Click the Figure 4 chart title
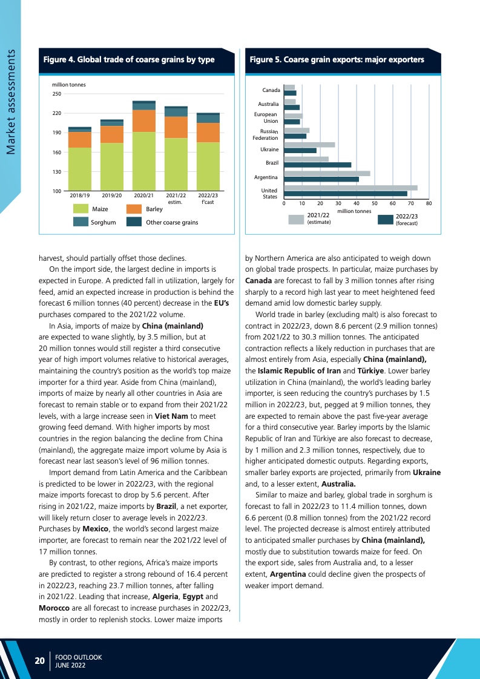coord(129,59)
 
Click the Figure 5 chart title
coord(337,59)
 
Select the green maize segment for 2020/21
coord(144,161)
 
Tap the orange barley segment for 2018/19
coord(80,140)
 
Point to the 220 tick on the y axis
coord(56,113)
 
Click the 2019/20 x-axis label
coord(112,195)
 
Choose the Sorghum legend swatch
coord(81,222)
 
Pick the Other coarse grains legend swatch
coord(134,222)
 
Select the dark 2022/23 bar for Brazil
coord(317,165)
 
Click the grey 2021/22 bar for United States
coord(350,188)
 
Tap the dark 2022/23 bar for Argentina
coord(321,179)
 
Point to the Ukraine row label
coord(269,149)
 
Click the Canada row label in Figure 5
coord(271,90)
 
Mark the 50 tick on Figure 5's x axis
coord(375,204)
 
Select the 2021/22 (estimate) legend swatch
coord(296,220)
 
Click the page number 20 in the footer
coord(39,661)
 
